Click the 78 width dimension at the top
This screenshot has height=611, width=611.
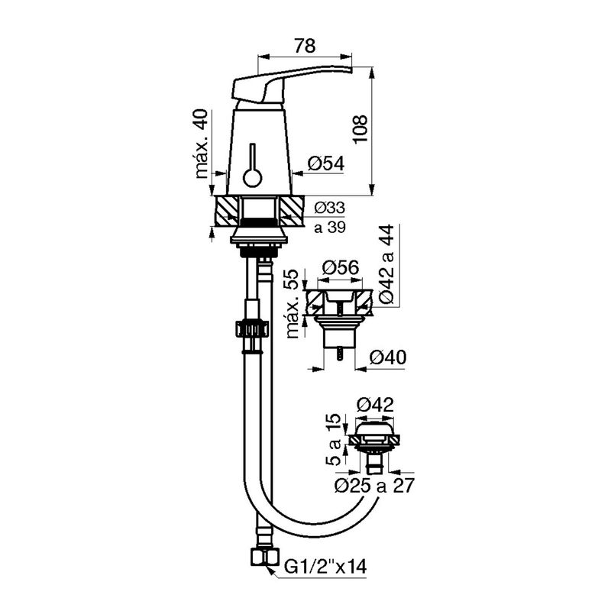tap(304, 46)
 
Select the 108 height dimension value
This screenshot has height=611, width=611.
tap(360, 129)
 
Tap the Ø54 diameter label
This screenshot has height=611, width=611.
tap(326, 163)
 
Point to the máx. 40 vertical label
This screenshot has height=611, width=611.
tap(202, 144)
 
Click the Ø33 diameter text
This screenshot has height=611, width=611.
tap(330, 208)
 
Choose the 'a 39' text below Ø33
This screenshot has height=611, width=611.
tap(330, 227)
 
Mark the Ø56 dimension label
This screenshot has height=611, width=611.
tap(341, 268)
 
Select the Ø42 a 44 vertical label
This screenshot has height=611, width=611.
tap(386, 264)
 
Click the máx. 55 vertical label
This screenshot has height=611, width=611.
tap(293, 303)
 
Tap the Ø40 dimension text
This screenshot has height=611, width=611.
tap(388, 357)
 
